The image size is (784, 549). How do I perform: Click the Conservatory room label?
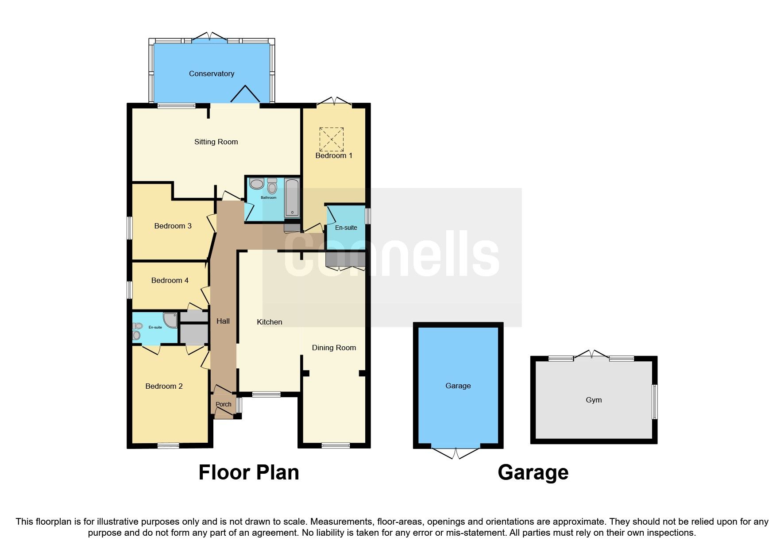pos(211,73)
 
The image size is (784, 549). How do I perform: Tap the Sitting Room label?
pos(216,142)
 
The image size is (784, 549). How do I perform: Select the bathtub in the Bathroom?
pos(292,197)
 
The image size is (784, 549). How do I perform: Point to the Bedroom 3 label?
pos(173,226)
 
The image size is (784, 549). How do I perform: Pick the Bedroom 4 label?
pos(170,280)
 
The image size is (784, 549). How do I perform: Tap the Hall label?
pos(223,321)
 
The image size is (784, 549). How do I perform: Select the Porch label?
pos(223,404)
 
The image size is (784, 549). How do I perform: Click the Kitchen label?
pos(269,322)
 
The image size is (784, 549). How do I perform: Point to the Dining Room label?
pos(334,348)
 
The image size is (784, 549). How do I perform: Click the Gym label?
pos(594,400)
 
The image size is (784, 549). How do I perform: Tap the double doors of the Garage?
pos(456,452)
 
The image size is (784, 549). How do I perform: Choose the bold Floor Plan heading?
pos(248,472)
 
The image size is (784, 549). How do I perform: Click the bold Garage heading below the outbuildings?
pos(533,472)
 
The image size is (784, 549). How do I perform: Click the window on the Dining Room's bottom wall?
pos(335,445)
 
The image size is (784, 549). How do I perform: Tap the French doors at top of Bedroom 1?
pos(334,102)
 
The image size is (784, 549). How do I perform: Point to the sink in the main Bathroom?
pos(256,184)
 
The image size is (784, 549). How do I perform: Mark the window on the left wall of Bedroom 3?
pos(130,228)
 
